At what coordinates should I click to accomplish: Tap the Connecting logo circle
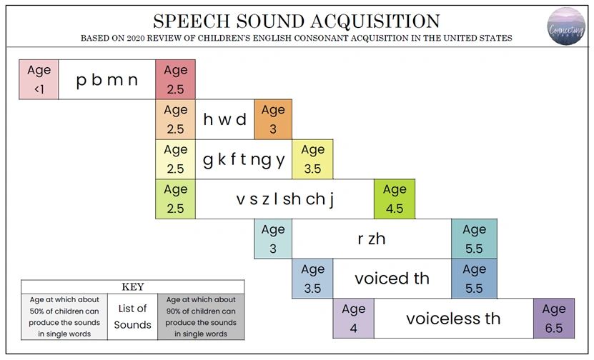(566, 26)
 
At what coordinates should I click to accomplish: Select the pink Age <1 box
(39, 79)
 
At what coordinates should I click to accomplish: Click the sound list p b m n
(107, 79)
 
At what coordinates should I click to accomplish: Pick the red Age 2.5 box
(175, 79)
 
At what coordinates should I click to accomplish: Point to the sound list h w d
(224, 119)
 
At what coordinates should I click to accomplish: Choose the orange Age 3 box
(272, 119)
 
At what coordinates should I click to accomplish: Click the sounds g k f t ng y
(244, 159)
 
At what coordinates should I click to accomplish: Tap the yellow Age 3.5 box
(312, 159)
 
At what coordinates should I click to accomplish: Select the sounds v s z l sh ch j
(284, 199)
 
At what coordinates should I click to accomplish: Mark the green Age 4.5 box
(394, 199)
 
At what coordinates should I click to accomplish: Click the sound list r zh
(371, 239)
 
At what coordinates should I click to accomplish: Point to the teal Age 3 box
(272, 239)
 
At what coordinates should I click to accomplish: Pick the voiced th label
(392, 279)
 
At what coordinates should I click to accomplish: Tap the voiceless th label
(453, 319)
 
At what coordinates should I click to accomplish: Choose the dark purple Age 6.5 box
(553, 319)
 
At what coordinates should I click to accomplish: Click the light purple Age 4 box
(353, 319)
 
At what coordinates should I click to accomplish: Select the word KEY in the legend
(133, 286)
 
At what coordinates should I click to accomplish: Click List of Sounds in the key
(132, 316)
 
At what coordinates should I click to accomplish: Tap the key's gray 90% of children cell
(200, 316)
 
